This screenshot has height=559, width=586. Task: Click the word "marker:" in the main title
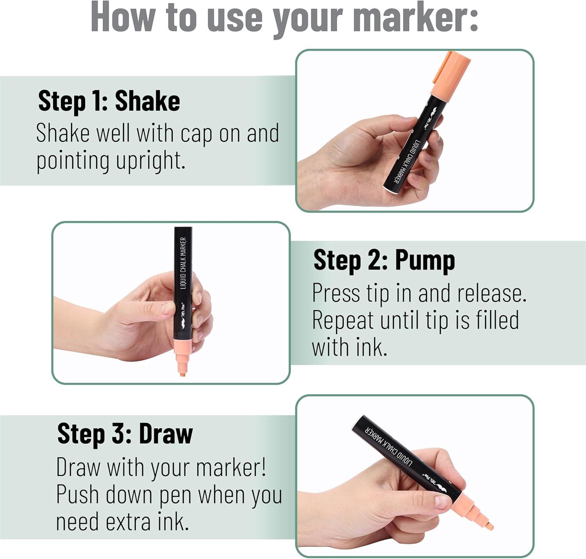point(416,17)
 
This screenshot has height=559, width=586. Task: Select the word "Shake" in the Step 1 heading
point(148,101)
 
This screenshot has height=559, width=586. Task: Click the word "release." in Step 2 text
point(492,294)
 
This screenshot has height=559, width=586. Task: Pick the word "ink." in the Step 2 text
point(371,348)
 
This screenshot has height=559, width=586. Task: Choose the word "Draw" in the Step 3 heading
point(166,434)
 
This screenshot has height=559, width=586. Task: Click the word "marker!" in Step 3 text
point(231,468)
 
